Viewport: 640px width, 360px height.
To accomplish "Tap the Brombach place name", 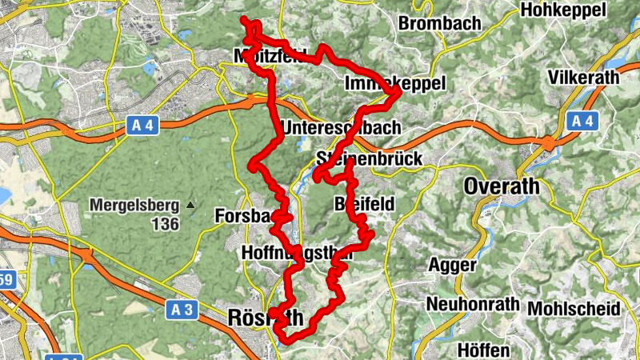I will [440, 23].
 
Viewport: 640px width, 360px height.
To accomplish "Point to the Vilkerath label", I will [586, 77].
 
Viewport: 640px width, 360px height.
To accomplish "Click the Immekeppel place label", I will [393, 84].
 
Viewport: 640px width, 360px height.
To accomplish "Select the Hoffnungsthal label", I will [296, 253].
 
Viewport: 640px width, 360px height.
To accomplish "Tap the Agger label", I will [453, 264].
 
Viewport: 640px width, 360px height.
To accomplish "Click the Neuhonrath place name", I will [473, 306].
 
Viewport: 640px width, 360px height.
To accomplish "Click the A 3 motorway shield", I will [182, 311].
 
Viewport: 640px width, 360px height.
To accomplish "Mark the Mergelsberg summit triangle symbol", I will [190, 205].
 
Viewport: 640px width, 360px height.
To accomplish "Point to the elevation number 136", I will [165, 224].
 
